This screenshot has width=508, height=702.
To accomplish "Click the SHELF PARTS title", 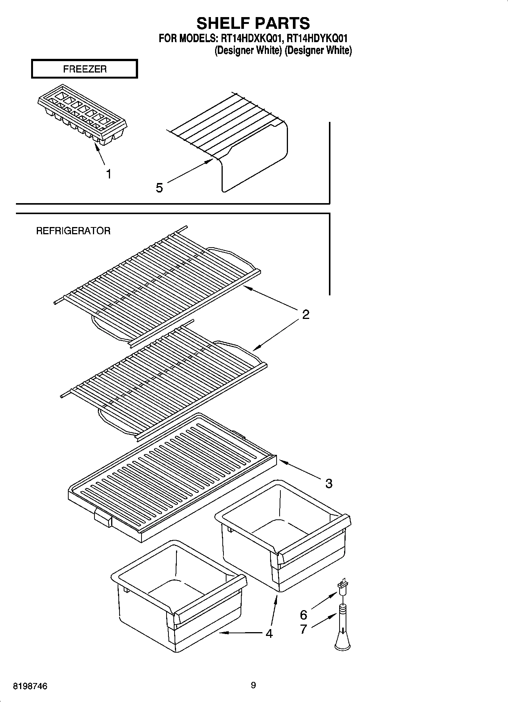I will click(253, 23).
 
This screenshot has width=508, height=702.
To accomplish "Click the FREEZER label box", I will click(84, 69).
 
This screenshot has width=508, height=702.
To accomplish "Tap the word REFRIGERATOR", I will click(73, 231).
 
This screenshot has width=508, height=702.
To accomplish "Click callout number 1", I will click(109, 174).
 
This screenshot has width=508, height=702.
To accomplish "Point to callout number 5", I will click(159, 188).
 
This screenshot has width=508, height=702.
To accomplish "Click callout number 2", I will click(305, 314).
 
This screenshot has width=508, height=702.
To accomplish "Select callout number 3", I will click(329, 483).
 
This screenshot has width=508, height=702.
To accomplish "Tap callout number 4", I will click(269, 633).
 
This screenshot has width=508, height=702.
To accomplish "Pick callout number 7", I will click(304, 629).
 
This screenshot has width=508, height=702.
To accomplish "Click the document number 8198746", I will click(30, 686).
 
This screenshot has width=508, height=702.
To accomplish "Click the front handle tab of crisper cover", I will click(102, 517).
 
